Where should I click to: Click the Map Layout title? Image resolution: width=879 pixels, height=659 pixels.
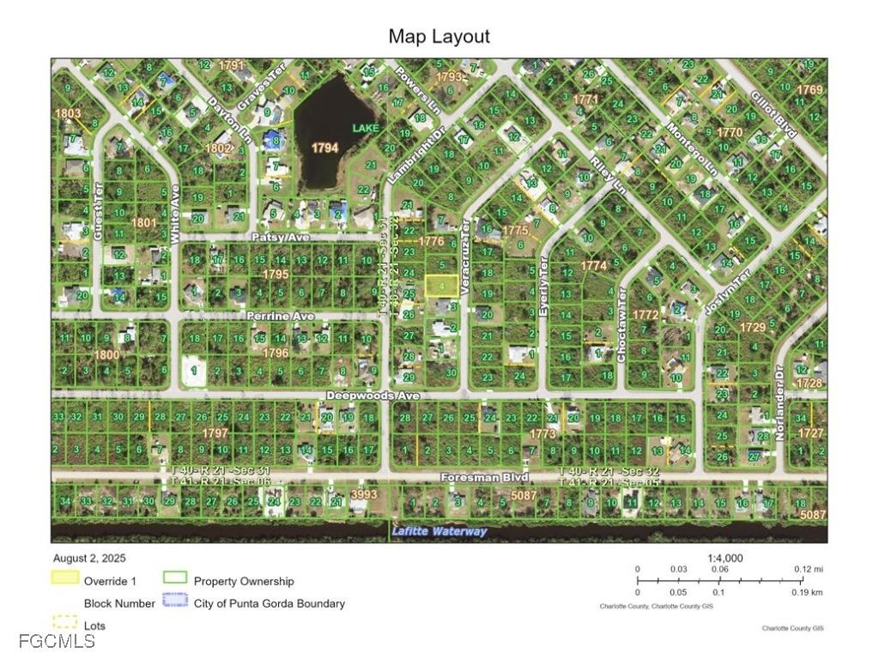[x=439, y=36]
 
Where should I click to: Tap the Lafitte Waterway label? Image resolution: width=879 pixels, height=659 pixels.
[x=439, y=531]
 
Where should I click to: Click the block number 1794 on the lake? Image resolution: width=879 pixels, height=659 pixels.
[x=324, y=148]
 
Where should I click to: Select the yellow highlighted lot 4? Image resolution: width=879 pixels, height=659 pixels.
[x=441, y=285]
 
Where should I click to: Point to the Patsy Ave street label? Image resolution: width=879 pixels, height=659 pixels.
[x=279, y=236]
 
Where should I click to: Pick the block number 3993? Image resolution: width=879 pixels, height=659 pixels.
[x=364, y=494]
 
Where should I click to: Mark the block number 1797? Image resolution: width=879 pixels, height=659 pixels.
[x=215, y=433]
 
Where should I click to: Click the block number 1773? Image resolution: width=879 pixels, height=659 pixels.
[x=543, y=434]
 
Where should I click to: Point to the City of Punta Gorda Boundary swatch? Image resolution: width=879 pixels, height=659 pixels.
[x=176, y=602]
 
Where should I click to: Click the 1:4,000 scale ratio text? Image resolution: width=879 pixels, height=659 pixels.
[x=724, y=559]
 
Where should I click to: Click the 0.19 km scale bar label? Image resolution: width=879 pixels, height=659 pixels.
[x=806, y=592]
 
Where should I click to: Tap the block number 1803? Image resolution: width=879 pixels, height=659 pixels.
[x=68, y=113]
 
